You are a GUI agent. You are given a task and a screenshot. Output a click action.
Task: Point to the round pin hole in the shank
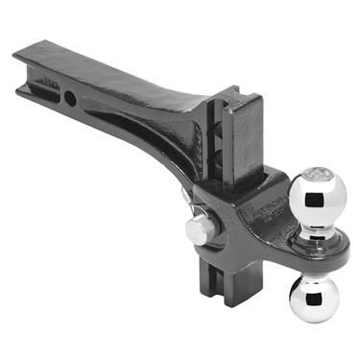coord(71,98)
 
